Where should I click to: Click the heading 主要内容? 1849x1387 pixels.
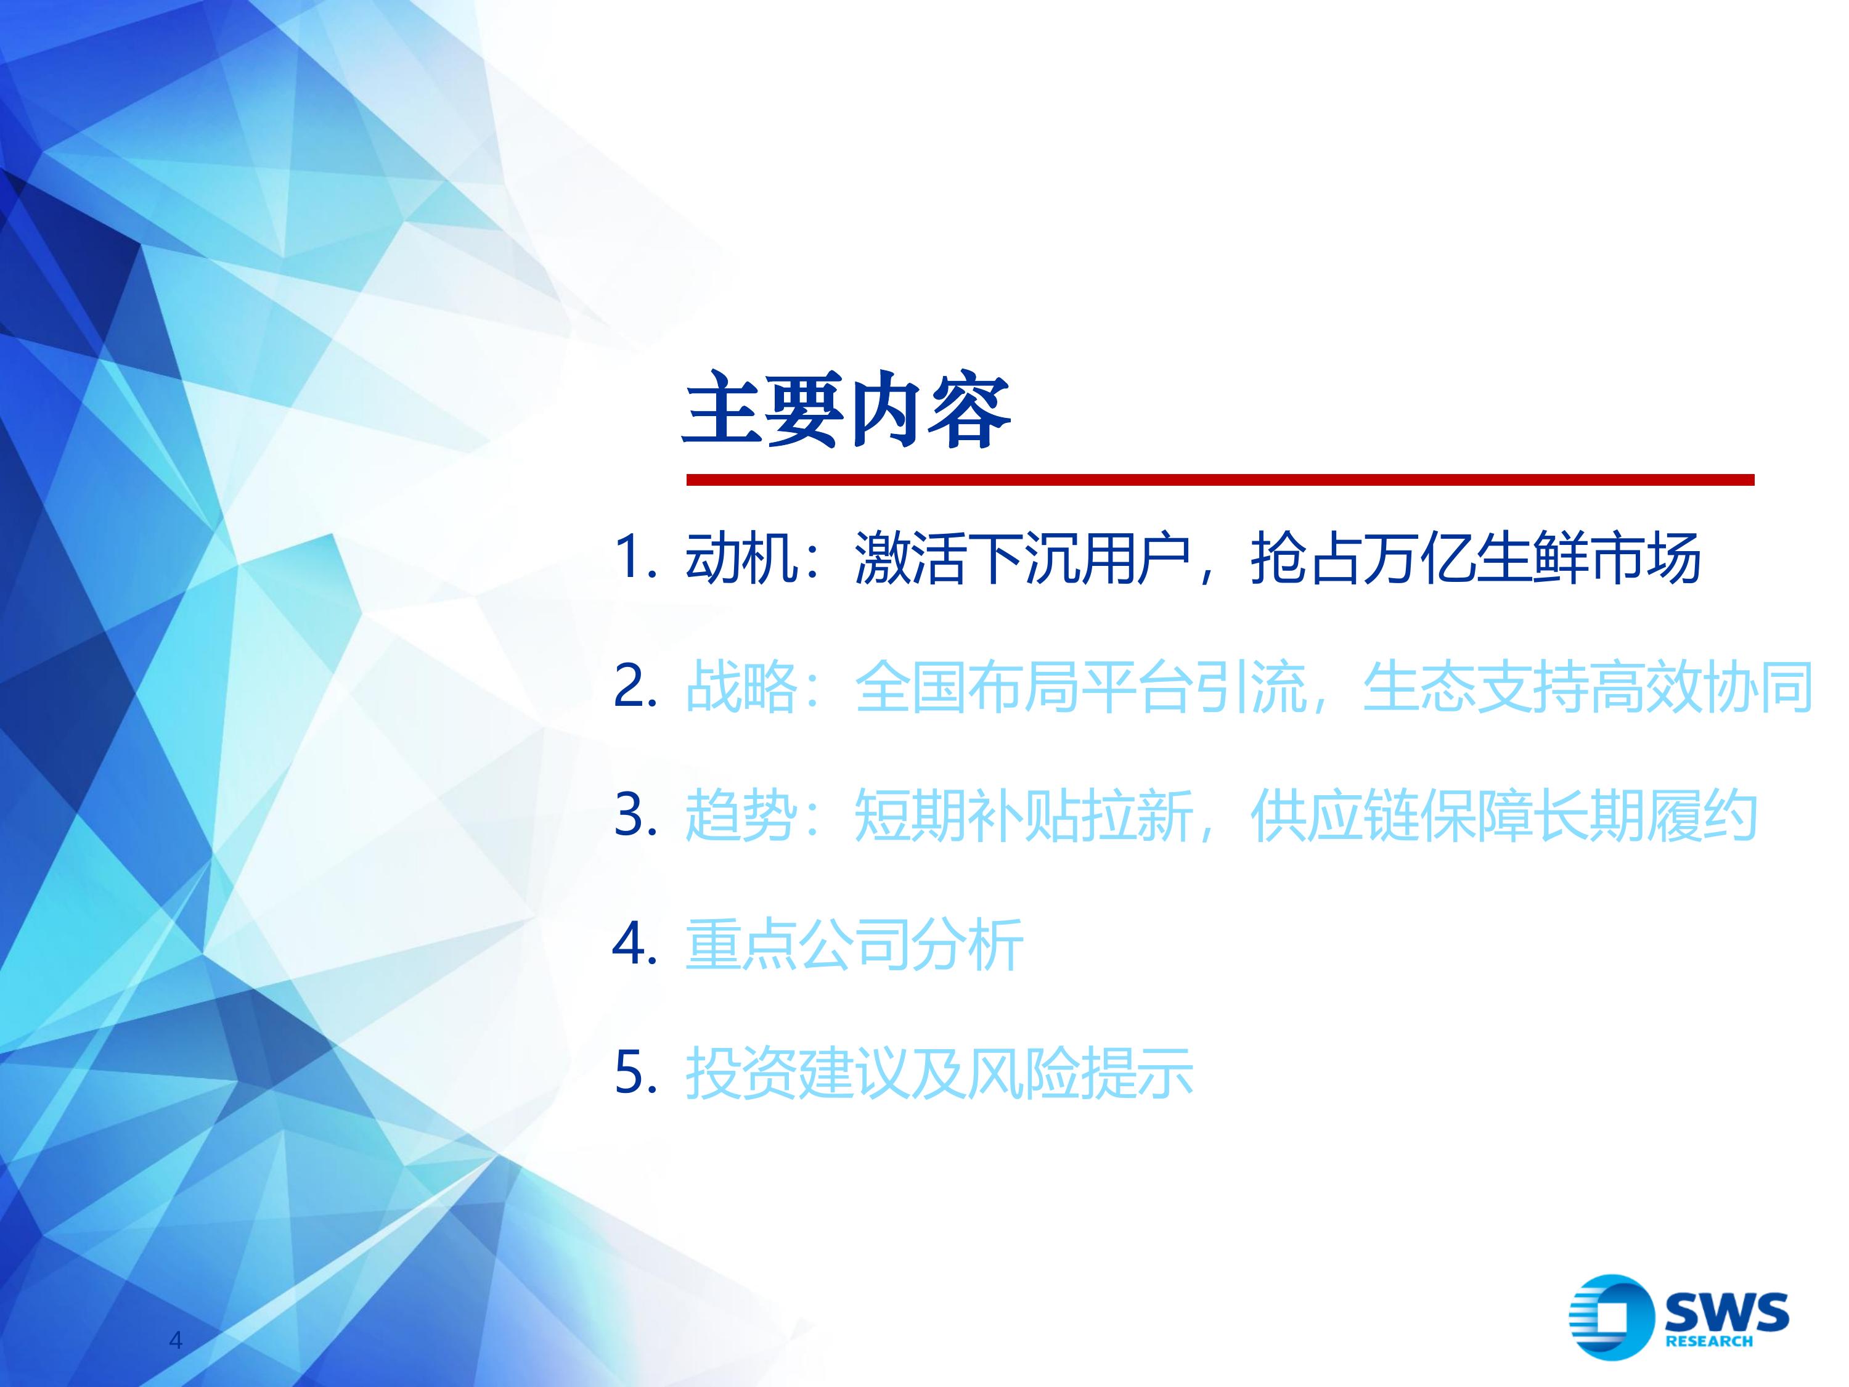(x=847, y=411)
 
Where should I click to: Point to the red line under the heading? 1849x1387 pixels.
(x=1220, y=480)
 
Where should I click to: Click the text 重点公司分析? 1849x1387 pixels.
(x=854, y=945)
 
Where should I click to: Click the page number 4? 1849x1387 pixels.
(x=176, y=1340)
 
